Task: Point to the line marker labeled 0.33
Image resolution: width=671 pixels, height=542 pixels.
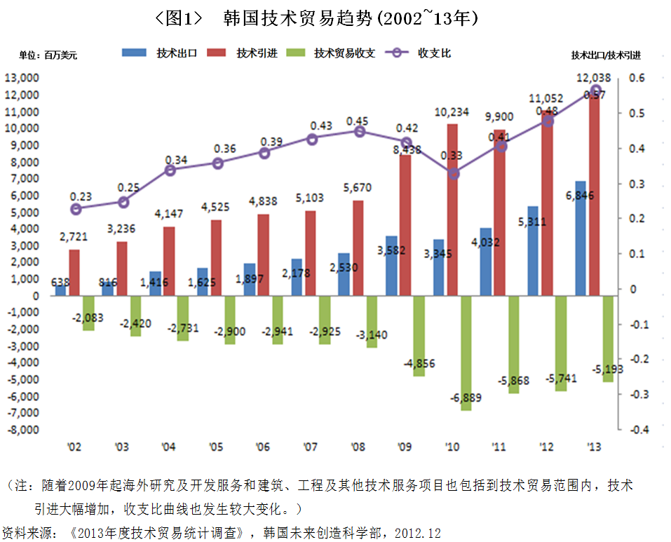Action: tap(454, 173)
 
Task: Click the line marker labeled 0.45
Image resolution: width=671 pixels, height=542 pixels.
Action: tap(359, 131)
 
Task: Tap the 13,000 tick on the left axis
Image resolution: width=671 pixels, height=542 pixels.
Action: tap(24, 78)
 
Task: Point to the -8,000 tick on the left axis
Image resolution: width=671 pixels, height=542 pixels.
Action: tap(24, 429)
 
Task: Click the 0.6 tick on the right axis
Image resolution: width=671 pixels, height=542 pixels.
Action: tap(636, 79)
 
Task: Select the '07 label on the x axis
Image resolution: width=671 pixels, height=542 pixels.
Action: tap(311, 447)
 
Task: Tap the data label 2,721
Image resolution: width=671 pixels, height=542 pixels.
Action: tap(73, 237)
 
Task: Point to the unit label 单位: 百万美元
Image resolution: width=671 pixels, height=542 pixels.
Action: tap(48, 55)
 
